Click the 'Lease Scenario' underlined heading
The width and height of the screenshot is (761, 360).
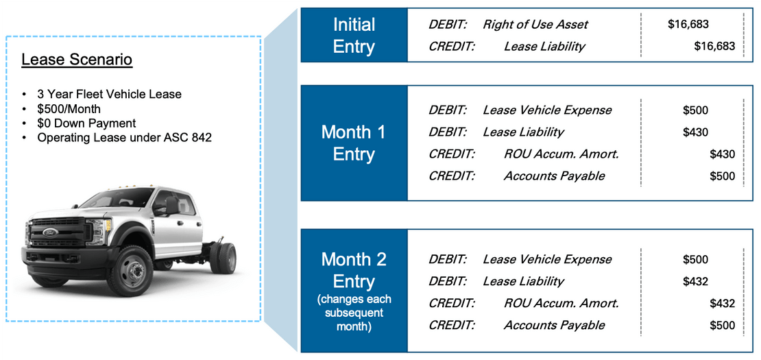pyautogui.click(x=77, y=60)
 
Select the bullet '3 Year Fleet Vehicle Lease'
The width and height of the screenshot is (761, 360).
pyautogui.click(x=109, y=94)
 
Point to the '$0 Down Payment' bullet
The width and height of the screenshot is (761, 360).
pyautogui.click(x=86, y=123)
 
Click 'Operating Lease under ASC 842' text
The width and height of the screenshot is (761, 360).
pyautogui.click(x=124, y=138)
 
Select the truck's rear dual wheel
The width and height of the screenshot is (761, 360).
pyautogui.click(x=224, y=258)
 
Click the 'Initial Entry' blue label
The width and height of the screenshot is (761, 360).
pyautogui.click(x=354, y=36)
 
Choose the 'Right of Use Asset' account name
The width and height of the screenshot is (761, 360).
pyautogui.click(x=535, y=24)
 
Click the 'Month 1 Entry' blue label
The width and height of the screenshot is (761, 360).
pyautogui.click(x=354, y=143)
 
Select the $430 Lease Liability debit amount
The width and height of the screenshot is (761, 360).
pyautogui.click(x=695, y=132)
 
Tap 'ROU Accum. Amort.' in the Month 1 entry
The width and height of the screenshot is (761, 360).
pyautogui.click(x=561, y=154)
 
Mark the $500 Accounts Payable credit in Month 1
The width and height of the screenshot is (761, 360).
pyautogui.click(x=722, y=176)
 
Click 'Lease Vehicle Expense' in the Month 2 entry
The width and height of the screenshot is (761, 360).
pyautogui.click(x=547, y=260)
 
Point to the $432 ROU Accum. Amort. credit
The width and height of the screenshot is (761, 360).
pyautogui.click(x=722, y=303)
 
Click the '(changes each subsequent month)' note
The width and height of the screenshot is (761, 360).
pyautogui.click(x=354, y=313)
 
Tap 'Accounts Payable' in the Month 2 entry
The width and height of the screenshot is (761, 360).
pyautogui.click(x=554, y=325)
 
